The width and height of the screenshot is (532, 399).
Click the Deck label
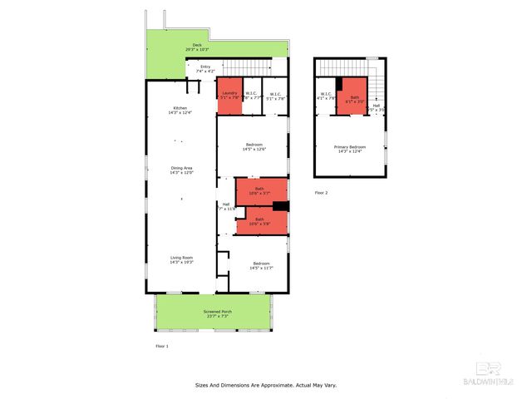point(197,47)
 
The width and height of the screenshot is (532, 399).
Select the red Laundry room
point(229,96)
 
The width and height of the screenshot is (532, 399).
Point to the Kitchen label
point(180,110)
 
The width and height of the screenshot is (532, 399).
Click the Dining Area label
point(181,170)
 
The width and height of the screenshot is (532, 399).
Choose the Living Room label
point(181,260)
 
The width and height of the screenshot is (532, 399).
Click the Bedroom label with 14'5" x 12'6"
point(254,147)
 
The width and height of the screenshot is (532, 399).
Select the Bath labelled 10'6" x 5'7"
point(260,190)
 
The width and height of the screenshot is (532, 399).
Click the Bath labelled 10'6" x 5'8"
point(260,221)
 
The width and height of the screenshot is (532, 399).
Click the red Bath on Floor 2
point(355,96)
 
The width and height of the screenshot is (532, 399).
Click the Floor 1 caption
point(162,346)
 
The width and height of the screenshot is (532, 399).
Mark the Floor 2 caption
point(322,192)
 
